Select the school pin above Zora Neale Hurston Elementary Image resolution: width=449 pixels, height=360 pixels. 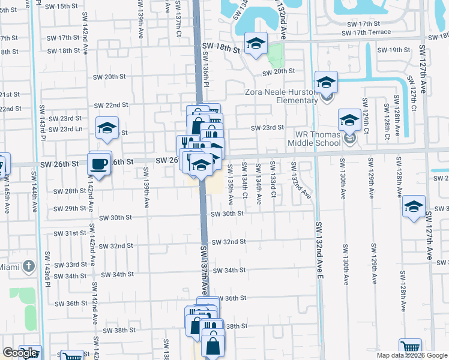coord(326,82)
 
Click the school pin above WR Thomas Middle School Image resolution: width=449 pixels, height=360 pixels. coord(349,120)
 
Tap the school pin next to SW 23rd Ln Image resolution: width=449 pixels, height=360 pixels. coord(107,128)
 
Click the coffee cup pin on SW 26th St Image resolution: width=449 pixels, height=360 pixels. coord(100,163)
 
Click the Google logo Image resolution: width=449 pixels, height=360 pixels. coord(20,352)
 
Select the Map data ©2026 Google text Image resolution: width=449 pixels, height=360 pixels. coord(412,355)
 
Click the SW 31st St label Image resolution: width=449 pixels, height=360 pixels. coord(70,233)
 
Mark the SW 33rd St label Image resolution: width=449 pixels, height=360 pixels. coord(71,265)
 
